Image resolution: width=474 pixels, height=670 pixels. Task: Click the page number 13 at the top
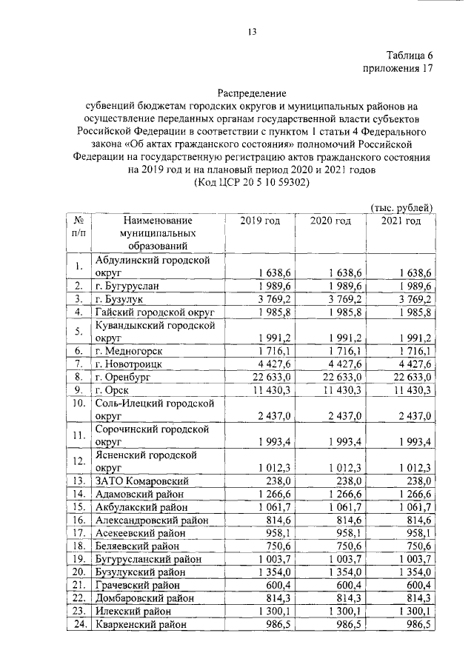(x=252, y=30)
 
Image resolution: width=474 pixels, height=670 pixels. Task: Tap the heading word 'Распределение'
(x=251, y=93)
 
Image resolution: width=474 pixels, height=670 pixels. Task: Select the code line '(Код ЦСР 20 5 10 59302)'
(x=252, y=182)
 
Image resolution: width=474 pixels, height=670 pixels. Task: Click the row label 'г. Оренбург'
(x=124, y=377)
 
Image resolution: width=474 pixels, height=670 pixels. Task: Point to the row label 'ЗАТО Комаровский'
(x=141, y=481)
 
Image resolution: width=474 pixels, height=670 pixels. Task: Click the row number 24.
(x=77, y=625)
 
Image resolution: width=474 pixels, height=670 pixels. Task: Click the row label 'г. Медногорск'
(x=129, y=351)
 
